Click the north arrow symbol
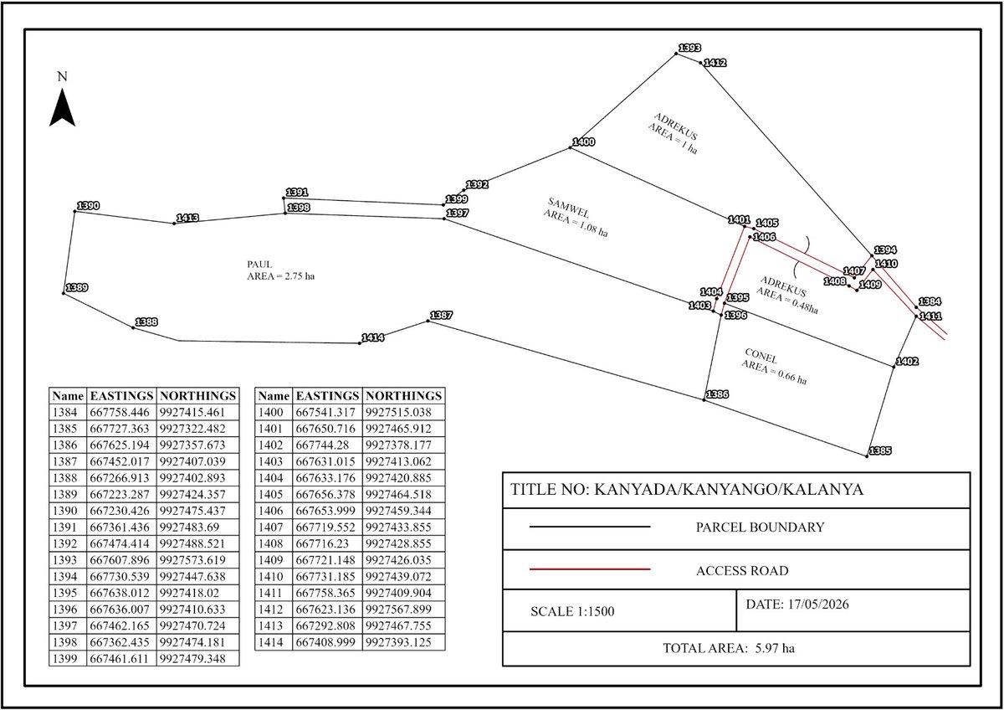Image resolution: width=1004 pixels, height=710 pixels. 62,108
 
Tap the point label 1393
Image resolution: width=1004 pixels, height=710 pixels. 689,48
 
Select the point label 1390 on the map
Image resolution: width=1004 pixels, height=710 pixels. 88,206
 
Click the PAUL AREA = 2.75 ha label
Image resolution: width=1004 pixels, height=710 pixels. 280,270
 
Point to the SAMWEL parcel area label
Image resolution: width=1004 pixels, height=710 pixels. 576,217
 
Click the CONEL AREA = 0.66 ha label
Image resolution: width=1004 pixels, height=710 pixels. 774,367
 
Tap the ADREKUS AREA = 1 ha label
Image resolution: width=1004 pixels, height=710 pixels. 673,133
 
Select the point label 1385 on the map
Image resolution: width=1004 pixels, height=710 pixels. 880,450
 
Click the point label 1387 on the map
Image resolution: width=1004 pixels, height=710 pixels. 441,316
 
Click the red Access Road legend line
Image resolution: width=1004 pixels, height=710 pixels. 590,569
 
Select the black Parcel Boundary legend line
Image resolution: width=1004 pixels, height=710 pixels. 590,527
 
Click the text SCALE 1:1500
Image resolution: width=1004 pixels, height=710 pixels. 572,611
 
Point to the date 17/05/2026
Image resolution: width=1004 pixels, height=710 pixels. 818,605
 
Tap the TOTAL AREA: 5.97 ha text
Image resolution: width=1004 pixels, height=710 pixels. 729,648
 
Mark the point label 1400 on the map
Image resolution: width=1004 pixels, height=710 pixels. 584,142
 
